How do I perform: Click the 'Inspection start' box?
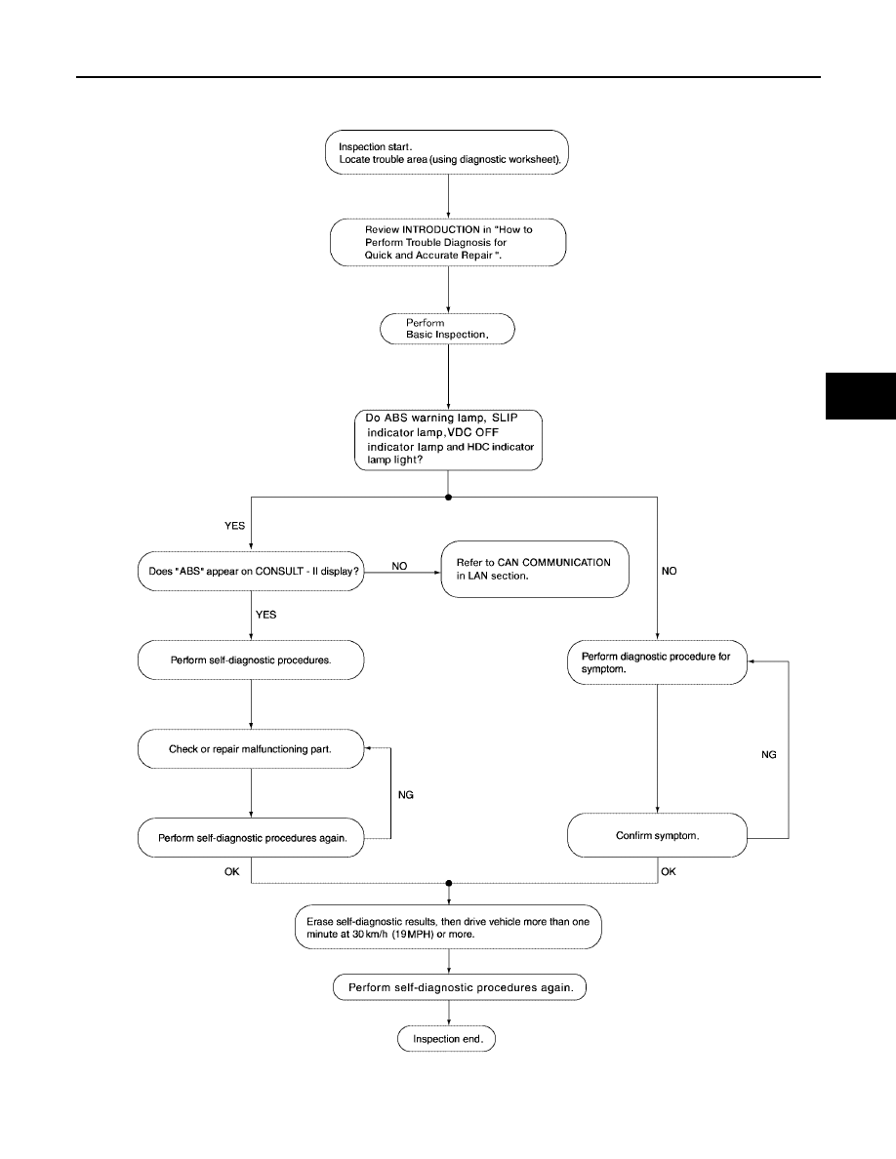tap(446, 152)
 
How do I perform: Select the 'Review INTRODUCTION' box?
tap(448, 243)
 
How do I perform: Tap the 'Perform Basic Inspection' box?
tap(447, 329)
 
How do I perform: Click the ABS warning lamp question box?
tap(449, 440)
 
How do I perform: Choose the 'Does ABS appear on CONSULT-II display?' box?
tap(252, 571)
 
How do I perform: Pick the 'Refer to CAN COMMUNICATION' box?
tap(535, 569)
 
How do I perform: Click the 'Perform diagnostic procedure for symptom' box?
tap(657, 662)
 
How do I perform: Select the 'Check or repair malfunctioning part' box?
tap(252, 749)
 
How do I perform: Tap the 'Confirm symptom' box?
tap(657, 835)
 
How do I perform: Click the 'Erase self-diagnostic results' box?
tap(448, 927)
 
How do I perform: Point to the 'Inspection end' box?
tap(446, 1039)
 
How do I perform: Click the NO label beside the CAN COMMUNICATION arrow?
tap(399, 566)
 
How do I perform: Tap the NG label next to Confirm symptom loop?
tap(769, 755)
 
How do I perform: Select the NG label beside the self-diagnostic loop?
tap(406, 794)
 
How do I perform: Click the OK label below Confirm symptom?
tap(669, 871)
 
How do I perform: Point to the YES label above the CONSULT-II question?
tap(234, 526)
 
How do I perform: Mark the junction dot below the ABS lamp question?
tap(449, 498)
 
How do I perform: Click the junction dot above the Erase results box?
tap(449, 883)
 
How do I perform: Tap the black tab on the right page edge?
tap(861, 396)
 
